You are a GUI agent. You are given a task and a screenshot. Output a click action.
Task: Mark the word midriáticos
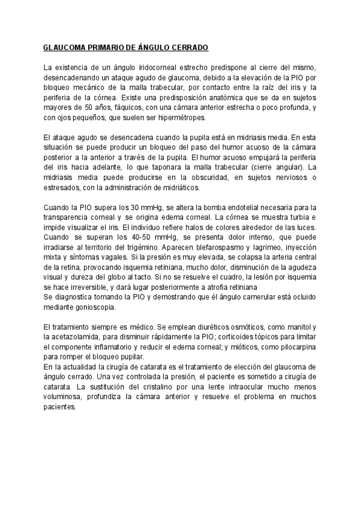pyautogui.click(x=178, y=187)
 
